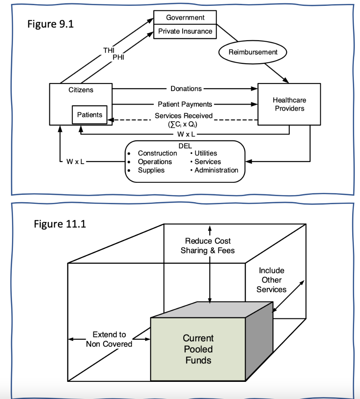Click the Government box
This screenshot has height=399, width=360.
tap(185, 18)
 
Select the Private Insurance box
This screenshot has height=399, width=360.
tap(185, 31)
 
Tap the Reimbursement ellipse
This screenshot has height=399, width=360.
tap(253, 52)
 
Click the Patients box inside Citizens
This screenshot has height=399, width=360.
tap(90, 115)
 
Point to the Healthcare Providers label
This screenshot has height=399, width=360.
tap(289, 104)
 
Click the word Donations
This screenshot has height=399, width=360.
tap(186, 89)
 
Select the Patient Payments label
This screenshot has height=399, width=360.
tap(185, 104)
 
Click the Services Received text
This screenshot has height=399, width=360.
tap(184, 116)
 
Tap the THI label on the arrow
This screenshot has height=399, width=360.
tap(109, 50)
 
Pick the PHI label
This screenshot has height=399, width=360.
tap(118, 57)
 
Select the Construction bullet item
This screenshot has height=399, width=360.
tap(157, 153)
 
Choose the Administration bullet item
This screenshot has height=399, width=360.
tap(216, 170)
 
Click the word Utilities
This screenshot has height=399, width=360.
tap(206, 153)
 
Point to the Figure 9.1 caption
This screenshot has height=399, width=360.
tap(51, 24)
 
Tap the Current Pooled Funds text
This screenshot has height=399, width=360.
tap(198, 349)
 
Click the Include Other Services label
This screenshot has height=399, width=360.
tap(272, 280)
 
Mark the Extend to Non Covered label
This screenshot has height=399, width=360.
tap(109, 339)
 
